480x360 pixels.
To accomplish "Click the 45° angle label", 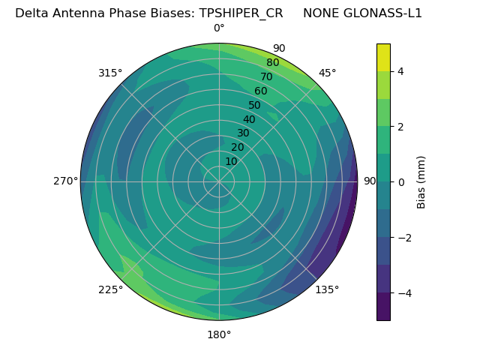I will point(328,73).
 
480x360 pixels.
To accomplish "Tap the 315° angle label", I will point(110,73).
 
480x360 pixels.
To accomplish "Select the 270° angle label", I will point(65,181).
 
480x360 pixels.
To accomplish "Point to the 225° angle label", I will point(110,290).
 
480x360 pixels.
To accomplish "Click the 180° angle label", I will point(219,334).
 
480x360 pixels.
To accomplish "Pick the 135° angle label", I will point(327,290).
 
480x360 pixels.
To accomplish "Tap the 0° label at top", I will point(219,28).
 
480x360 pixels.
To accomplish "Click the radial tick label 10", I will point(231,161).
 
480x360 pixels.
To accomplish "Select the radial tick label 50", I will point(255,105).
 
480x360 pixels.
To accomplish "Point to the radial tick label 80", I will point(272,63).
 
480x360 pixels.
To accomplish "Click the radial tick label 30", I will point(243,133).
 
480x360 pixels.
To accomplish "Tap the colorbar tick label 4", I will point(401,71).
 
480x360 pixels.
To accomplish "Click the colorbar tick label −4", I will point(401,292).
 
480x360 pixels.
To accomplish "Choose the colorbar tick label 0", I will point(401,182).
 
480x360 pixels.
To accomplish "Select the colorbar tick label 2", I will point(401,127).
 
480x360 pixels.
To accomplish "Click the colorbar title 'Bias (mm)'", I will point(421,182).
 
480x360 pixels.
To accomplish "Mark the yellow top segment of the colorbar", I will point(383,57).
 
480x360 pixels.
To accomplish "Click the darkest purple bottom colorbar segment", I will point(383,307).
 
